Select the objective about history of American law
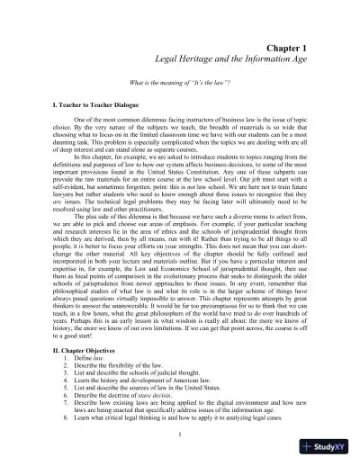pyautogui.click(x=143, y=385)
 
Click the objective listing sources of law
pyautogui.click(x=144, y=392)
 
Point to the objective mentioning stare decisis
pyautogui.click(x=128, y=400)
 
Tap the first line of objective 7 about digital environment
pyautogui.click(x=188, y=408)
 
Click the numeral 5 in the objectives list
pyautogui.click(x=66, y=392)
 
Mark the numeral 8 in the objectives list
pyautogui.click(x=66, y=425)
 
